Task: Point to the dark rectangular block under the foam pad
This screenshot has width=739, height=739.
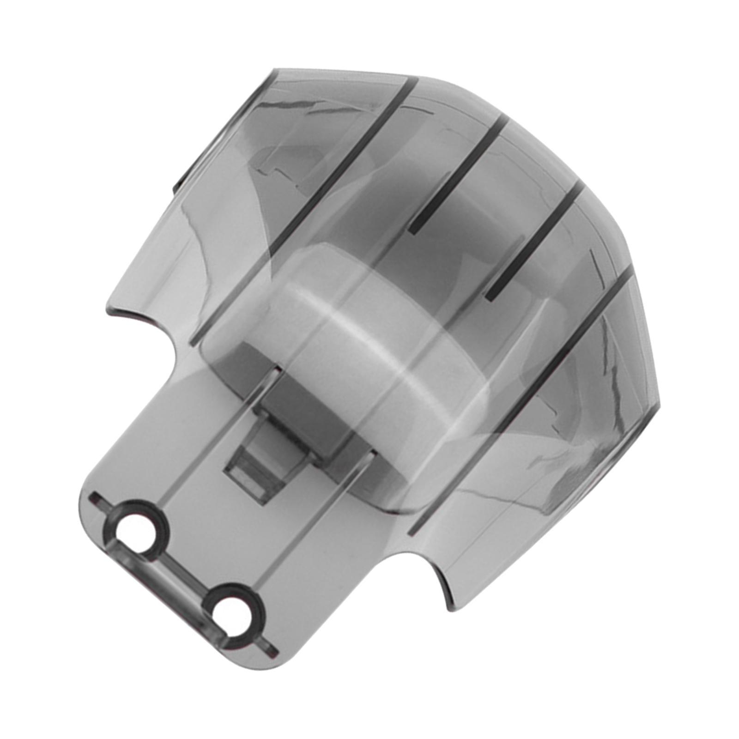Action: (296, 406)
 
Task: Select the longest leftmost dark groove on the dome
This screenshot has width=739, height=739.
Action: (300, 208)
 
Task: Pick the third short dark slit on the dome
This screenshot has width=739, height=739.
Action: (531, 240)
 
